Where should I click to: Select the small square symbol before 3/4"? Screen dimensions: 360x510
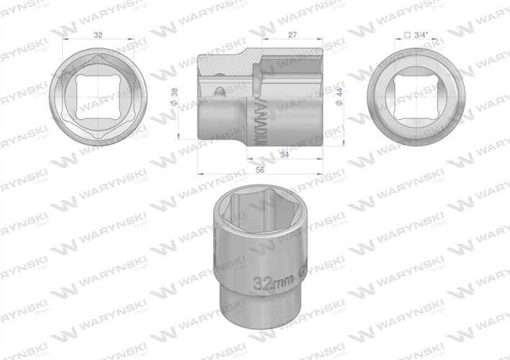point(408,33)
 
